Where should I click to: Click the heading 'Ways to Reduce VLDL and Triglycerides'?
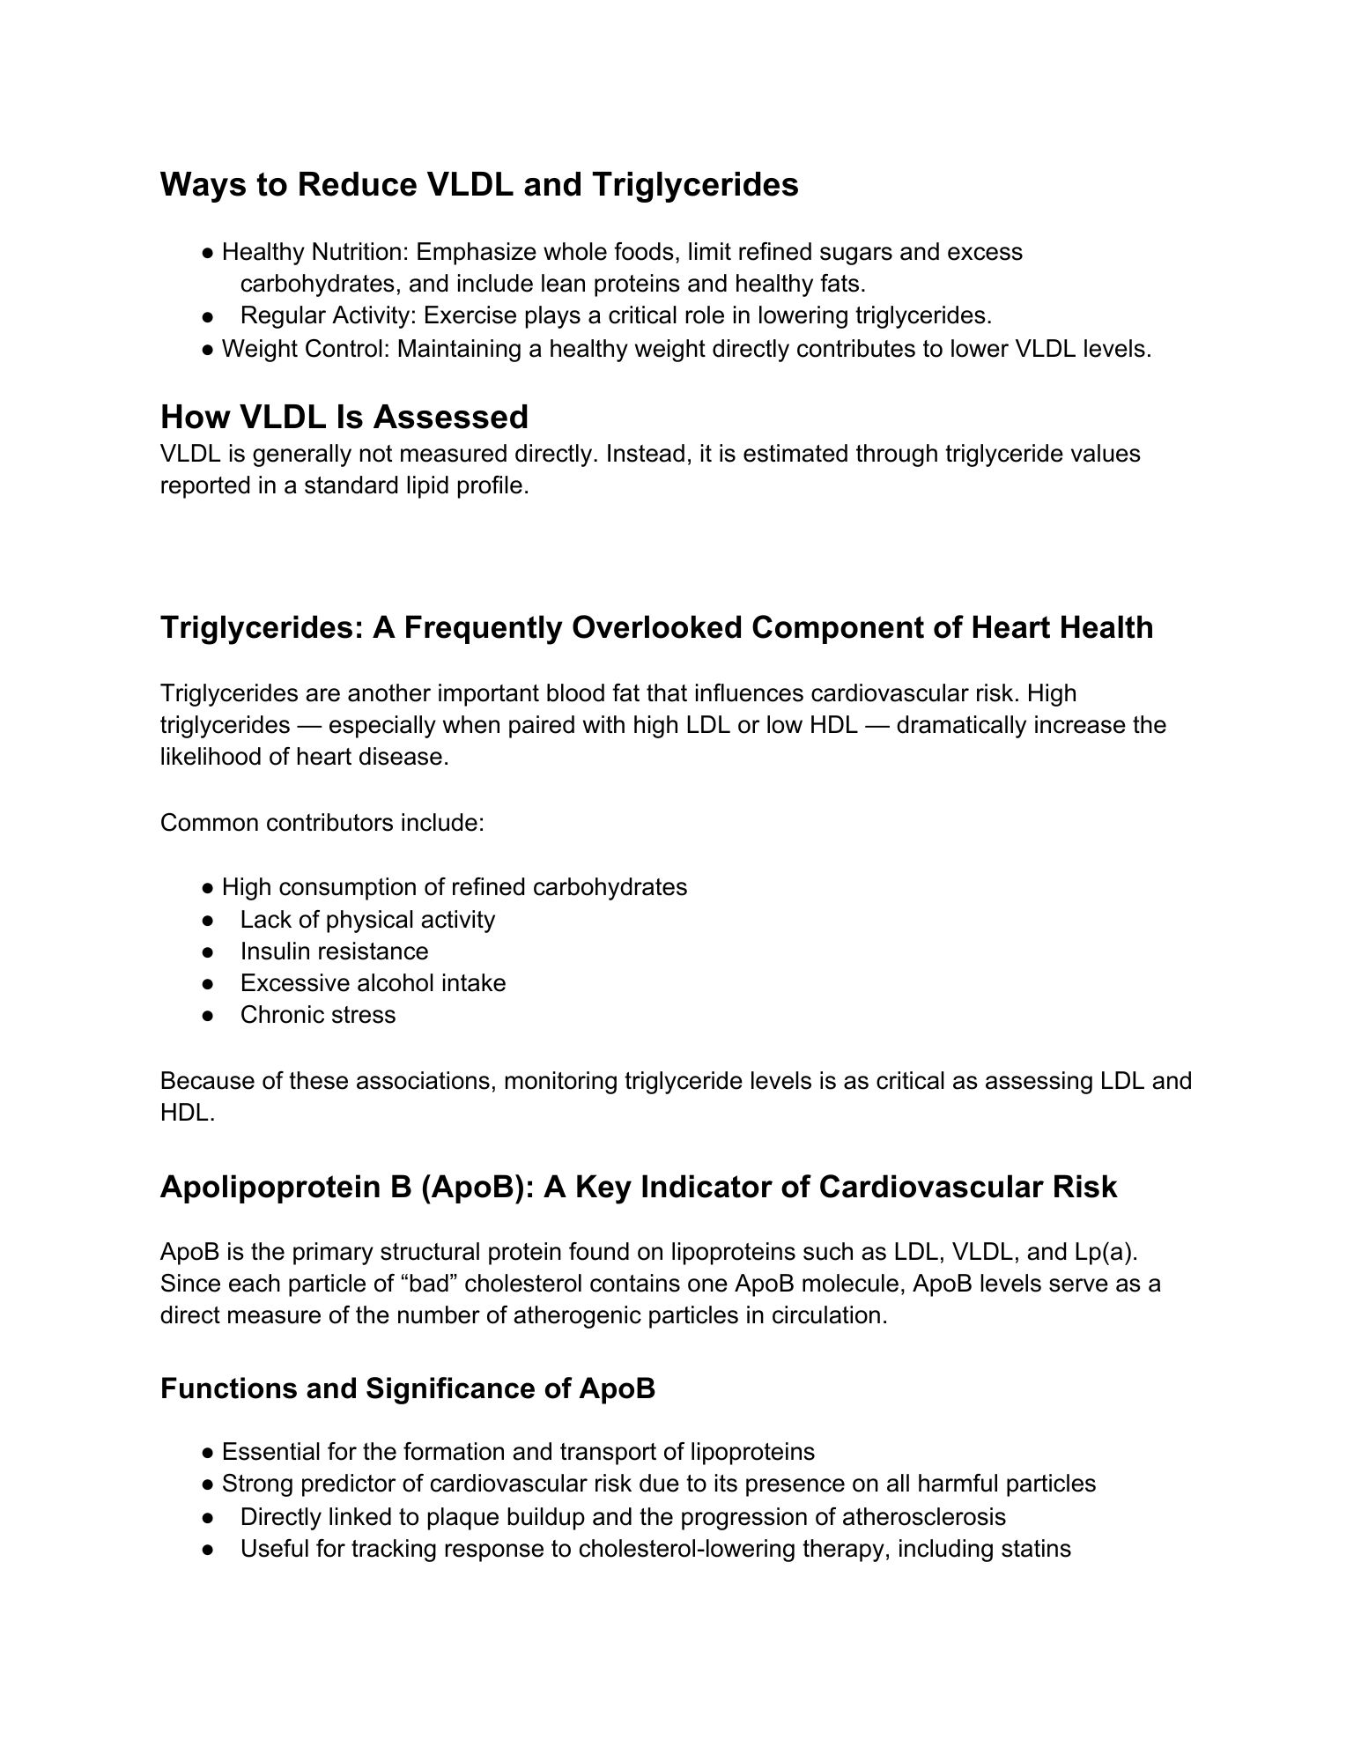[479, 185]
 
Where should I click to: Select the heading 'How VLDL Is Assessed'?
[344, 417]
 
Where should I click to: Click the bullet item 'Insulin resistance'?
[334, 951]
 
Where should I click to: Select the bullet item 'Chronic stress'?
[318, 1015]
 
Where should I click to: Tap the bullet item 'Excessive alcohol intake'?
[373, 983]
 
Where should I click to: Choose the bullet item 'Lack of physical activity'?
[367, 920]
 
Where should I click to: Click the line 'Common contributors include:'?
[322, 823]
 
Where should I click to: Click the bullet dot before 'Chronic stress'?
[208, 1016]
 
